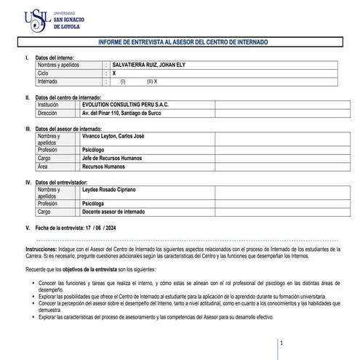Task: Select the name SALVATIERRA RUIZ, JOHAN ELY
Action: (148, 65)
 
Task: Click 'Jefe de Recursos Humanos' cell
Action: (113, 158)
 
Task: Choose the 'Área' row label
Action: (44, 167)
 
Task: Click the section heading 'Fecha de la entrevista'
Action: (59, 228)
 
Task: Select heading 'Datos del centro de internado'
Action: (68, 97)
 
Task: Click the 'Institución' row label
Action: (50, 105)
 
